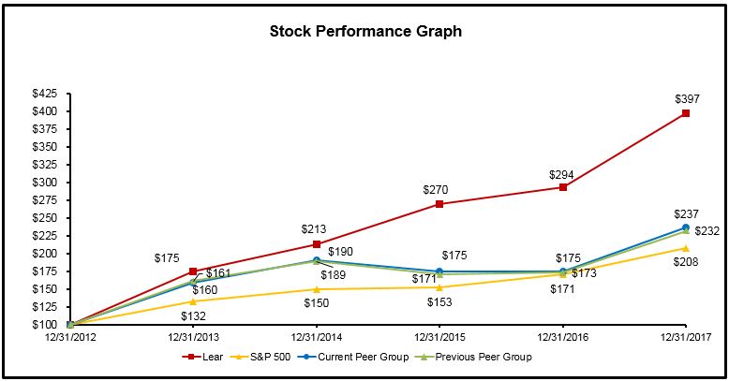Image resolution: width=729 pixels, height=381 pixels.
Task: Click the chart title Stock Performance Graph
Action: (365, 31)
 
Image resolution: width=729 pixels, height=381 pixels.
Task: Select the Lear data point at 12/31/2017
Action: (686, 113)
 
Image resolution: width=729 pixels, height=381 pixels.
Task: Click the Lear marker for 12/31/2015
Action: (439, 204)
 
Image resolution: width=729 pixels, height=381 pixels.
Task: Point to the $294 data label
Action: (562, 172)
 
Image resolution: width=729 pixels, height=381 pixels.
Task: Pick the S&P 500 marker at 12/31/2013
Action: (193, 301)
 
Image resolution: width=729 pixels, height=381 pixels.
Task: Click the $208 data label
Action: (686, 263)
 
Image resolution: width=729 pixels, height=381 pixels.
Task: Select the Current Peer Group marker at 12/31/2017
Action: (686, 227)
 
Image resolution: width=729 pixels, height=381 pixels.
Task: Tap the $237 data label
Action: (686, 213)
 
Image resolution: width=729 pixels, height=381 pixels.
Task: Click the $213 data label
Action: (316, 229)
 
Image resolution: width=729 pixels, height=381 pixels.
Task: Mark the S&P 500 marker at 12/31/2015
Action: (439, 287)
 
